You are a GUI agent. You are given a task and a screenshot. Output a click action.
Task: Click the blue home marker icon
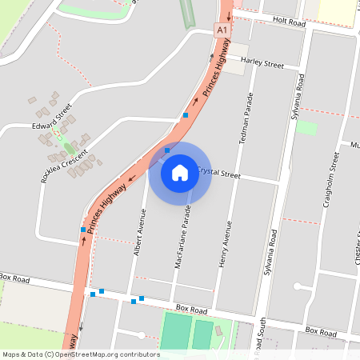point(180,173)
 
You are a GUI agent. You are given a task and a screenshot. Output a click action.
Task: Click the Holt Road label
point(289,24)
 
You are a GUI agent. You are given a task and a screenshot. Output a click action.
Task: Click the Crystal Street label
point(218,172)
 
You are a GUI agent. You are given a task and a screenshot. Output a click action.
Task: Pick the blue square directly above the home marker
point(167,150)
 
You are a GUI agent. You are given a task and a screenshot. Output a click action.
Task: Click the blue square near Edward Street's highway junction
point(186,116)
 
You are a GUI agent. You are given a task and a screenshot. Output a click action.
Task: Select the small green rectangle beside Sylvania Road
point(306,127)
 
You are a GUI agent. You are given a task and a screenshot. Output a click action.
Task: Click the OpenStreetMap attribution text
point(80,354)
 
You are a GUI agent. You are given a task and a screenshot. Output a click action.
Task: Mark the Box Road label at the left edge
point(14,278)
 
